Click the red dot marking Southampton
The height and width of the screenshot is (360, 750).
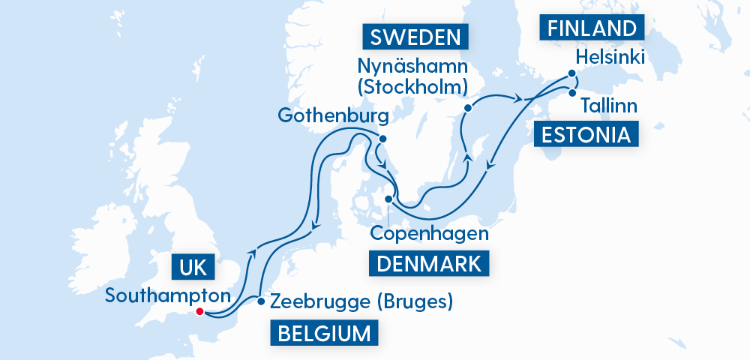(199, 312)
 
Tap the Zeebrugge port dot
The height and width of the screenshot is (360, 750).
(261, 301)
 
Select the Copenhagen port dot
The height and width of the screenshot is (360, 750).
(388, 199)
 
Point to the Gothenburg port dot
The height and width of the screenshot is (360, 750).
(382, 139)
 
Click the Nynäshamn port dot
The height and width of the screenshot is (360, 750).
(467, 108)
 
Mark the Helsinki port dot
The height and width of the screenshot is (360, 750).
(571, 73)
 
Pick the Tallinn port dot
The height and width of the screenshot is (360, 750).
(572, 94)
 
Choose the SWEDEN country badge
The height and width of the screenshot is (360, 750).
(411, 37)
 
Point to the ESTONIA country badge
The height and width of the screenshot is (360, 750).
(587, 135)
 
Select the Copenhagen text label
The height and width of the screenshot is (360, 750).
(430, 233)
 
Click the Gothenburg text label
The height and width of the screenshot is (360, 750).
(332, 116)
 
